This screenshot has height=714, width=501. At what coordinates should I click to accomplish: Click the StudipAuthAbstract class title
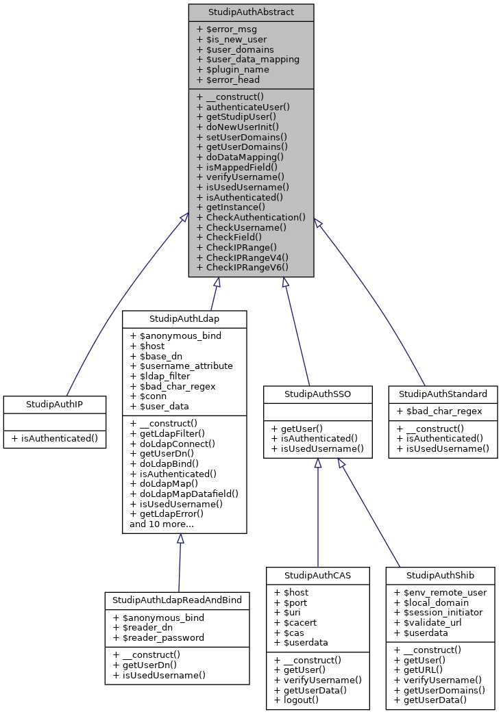pyautogui.click(x=251, y=12)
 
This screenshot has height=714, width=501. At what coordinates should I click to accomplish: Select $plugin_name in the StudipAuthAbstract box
pyautogui.click(x=232, y=69)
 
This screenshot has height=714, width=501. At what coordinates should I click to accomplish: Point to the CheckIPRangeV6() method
pyautogui.click(x=242, y=267)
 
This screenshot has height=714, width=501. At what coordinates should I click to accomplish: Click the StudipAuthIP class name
pyautogui.click(x=55, y=404)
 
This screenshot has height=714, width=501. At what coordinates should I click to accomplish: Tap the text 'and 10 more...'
pyautogui.click(x=161, y=524)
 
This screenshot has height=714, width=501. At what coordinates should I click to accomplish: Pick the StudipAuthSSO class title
pyautogui.click(x=318, y=394)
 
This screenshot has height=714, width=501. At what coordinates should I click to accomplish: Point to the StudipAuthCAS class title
pyautogui.click(x=318, y=575)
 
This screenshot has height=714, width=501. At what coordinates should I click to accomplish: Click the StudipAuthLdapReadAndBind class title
pyautogui.click(x=177, y=600)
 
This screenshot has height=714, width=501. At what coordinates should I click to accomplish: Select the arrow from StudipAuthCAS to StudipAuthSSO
pyautogui.click(x=318, y=513)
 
